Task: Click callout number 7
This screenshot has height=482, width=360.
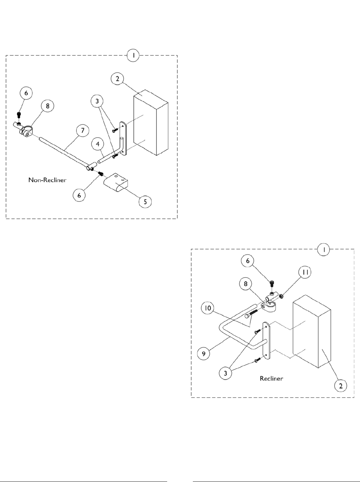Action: click(82, 130)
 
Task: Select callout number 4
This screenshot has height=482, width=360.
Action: click(97, 144)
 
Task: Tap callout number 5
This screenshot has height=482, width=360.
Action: click(145, 202)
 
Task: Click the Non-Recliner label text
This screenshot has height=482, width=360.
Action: click(47, 180)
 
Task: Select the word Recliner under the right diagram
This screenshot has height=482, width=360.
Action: click(271, 378)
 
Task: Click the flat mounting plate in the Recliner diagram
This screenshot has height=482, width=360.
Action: click(267, 339)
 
